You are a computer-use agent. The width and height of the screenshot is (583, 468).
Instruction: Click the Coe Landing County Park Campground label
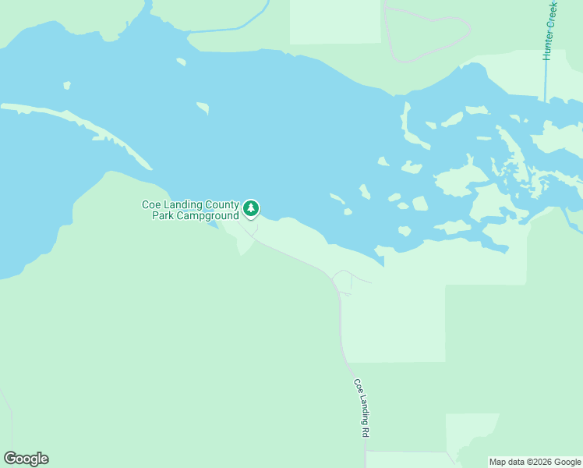point(190,210)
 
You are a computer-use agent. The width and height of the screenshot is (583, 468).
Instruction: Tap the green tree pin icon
point(250,208)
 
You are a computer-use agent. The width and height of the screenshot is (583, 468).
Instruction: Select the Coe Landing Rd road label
point(361,407)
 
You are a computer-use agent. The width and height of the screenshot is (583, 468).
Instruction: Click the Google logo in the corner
point(26,459)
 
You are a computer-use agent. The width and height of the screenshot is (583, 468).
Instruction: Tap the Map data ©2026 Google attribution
point(535,462)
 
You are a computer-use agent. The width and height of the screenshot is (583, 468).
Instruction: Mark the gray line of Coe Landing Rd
point(341,328)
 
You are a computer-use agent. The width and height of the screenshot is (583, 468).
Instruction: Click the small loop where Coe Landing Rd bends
point(342,282)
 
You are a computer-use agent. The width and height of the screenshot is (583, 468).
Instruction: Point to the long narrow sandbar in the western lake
point(78,125)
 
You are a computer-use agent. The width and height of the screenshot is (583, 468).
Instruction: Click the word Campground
point(207,215)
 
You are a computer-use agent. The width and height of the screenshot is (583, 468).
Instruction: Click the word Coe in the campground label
point(150,204)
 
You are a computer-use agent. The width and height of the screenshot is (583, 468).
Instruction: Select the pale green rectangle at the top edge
point(335,21)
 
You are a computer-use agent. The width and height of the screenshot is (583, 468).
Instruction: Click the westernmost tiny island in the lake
point(67,85)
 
